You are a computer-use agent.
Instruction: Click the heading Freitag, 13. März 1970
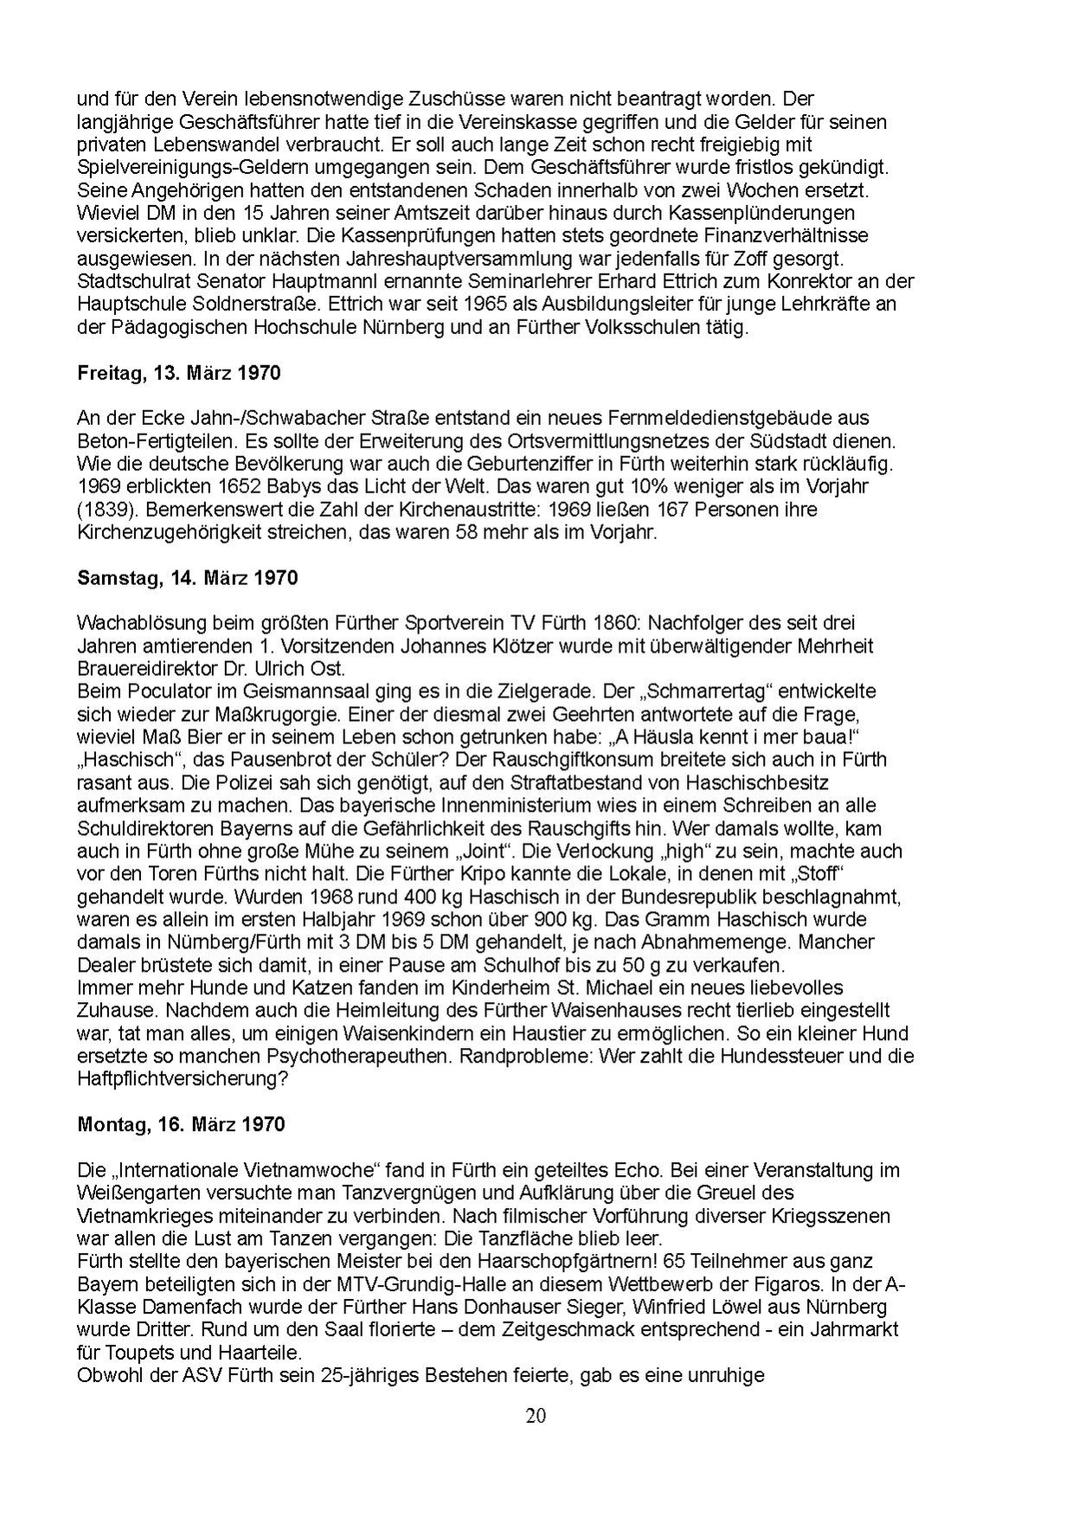click(x=179, y=374)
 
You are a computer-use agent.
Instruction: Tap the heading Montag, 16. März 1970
click(x=181, y=1124)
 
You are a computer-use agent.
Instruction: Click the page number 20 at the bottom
click(x=536, y=1416)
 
